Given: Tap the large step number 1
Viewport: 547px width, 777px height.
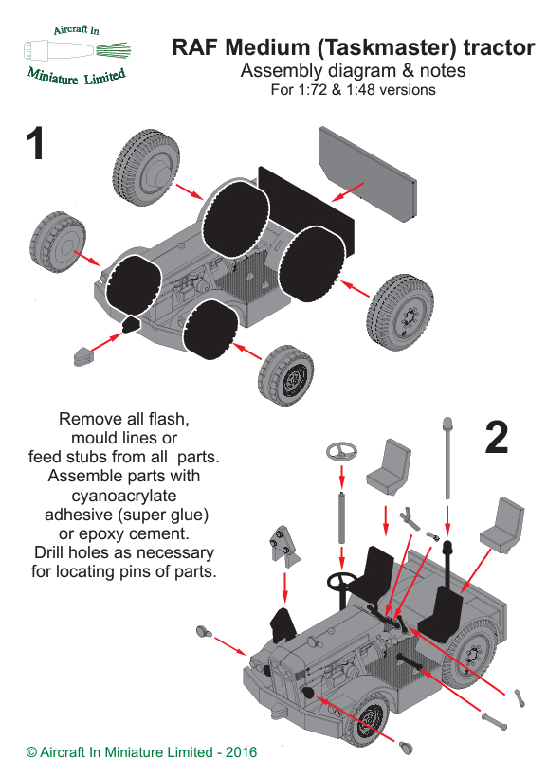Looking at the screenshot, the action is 35,143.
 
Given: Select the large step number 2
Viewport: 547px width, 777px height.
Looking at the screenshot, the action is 497,437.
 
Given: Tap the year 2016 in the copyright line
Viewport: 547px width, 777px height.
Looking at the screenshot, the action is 241,752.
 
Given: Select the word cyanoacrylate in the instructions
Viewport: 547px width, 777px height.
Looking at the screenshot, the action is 124,496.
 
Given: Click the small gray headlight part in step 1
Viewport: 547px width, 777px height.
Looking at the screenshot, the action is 83,355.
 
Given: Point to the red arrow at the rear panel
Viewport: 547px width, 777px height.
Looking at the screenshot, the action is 347,191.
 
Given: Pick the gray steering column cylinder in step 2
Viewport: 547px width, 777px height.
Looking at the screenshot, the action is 341,517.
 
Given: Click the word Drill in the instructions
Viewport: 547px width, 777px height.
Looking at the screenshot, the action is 49,552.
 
